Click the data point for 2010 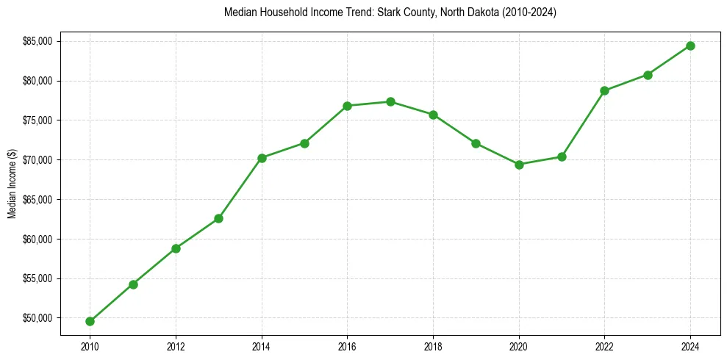90,321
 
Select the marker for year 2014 262,158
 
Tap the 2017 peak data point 390,101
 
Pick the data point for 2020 519,165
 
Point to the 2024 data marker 690,46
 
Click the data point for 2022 604,91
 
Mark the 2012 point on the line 176,248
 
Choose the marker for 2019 476,143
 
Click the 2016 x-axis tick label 347,345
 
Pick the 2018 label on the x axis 433,345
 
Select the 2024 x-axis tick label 690,345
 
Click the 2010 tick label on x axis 90,345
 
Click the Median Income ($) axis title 12,183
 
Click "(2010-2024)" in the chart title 531,12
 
